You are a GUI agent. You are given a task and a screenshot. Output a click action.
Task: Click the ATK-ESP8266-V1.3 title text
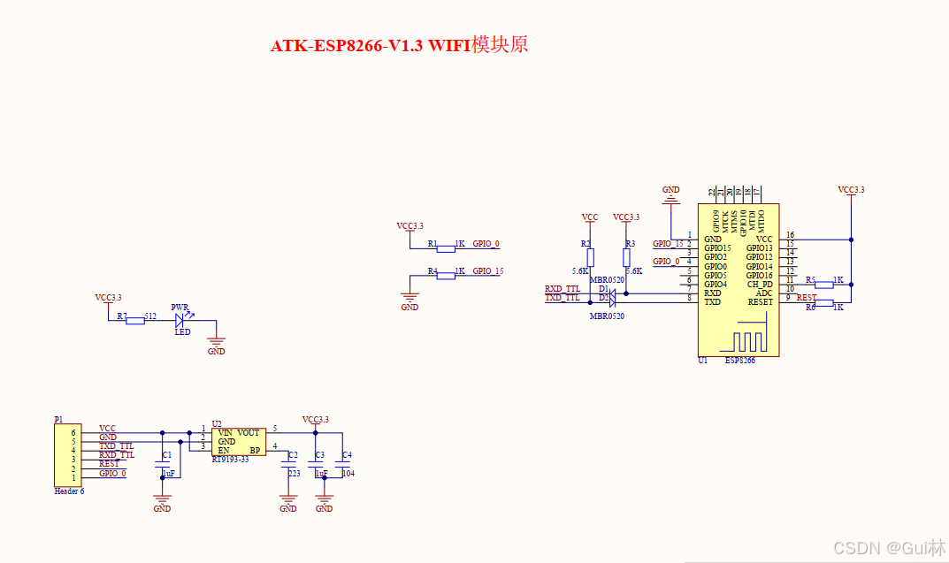tap(399, 46)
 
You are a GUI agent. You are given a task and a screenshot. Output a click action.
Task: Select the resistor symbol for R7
tap(135, 321)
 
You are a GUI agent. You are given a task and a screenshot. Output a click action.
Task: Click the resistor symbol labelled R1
tap(446, 248)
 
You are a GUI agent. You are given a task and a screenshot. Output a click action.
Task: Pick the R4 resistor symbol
tap(446, 276)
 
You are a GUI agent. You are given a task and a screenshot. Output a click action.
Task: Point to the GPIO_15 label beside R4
tap(487, 271)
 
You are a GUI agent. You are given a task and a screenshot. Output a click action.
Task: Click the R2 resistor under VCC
tap(590, 257)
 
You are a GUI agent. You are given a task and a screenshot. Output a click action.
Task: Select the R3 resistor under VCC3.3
tap(626, 257)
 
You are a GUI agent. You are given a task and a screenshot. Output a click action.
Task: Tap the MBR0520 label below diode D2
tap(607, 316)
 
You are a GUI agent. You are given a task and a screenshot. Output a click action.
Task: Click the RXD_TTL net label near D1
tap(563, 289)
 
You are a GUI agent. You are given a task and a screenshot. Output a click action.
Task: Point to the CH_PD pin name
tap(760, 285)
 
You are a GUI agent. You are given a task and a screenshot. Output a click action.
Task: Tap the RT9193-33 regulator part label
tap(230, 460)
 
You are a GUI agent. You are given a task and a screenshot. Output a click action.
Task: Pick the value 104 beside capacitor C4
tap(348, 474)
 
